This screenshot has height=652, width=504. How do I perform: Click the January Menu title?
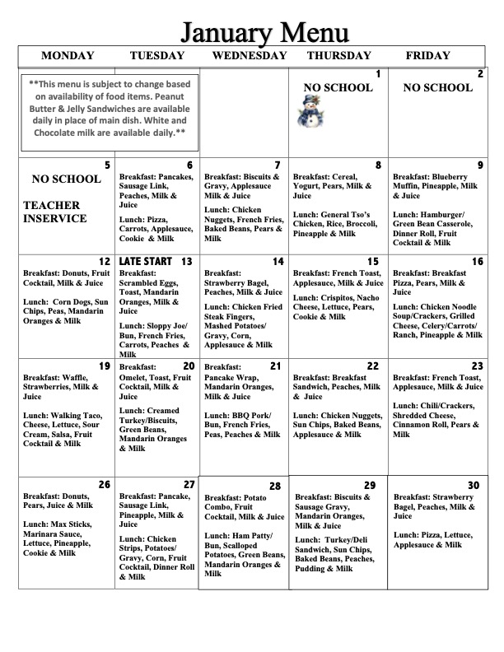[x=264, y=32]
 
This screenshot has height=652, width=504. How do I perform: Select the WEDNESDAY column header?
[x=250, y=56]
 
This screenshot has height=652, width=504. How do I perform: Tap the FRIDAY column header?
[x=428, y=56]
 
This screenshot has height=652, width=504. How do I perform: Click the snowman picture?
[x=310, y=111]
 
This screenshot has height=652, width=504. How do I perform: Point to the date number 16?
[x=478, y=262]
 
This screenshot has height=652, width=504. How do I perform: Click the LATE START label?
[x=146, y=262]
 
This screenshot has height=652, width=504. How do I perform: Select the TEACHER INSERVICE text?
[x=54, y=212]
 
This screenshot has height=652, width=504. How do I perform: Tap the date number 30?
[x=473, y=485]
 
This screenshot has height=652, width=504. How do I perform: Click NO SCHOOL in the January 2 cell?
[x=438, y=88]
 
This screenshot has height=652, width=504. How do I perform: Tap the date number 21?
[x=275, y=366]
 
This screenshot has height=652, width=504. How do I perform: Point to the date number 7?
[x=278, y=165]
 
